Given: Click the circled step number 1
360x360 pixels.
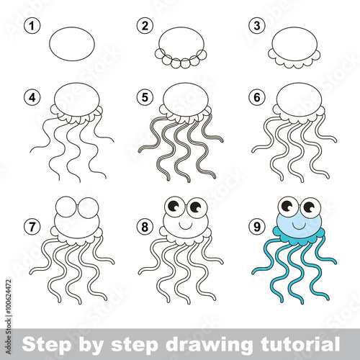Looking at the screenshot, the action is (x=32, y=26).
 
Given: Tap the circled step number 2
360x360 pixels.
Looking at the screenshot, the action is (x=145, y=26).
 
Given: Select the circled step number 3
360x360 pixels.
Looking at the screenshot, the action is (x=257, y=26).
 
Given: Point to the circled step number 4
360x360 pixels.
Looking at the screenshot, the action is (x=32, y=97).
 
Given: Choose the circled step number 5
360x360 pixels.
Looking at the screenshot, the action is (x=145, y=97).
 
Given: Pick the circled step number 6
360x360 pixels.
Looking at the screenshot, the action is (x=257, y=97).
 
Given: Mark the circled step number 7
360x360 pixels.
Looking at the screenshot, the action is (x=32, y=227).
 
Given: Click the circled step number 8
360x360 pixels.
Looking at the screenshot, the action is (x=145, y=227).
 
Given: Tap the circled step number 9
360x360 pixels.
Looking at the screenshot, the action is (x=257, y=227).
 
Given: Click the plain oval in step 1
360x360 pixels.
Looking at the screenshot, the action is (x=72, y=44).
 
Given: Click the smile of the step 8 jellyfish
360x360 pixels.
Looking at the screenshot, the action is (x=185, y=227).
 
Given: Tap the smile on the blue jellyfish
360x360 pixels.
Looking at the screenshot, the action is (x=299, y=227).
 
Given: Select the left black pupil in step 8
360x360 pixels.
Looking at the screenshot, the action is (x=174, y=206).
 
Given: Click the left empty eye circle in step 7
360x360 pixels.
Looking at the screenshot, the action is (x=66, y=207).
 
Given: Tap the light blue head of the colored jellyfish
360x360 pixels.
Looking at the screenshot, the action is (x=299, y=225).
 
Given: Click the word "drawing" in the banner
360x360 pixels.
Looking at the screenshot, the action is (x=209, y=345).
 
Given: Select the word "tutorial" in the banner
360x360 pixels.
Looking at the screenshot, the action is (x=300, y=343).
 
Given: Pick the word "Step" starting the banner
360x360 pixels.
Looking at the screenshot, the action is (x=46, y=345).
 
